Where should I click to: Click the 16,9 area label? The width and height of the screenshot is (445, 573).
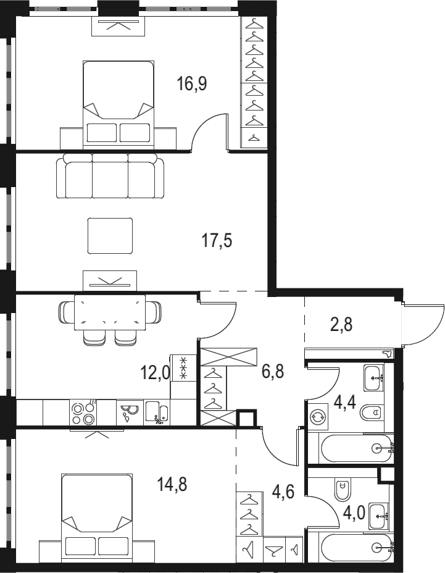coord(192,84)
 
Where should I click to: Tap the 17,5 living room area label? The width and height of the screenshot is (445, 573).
coord(217,241)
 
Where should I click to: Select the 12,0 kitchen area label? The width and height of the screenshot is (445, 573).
coord(155,373)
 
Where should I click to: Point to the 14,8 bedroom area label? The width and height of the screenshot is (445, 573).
coord(172,485)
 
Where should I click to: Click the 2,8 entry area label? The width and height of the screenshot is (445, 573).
coord(341,324)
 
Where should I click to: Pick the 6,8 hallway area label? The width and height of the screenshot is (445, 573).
coord(273,372)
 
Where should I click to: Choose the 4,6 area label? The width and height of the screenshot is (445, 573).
coord(283,491)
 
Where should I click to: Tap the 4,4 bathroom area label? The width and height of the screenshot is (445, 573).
coord(345,404)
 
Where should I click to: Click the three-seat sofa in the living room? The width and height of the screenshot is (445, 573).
coord(110,175)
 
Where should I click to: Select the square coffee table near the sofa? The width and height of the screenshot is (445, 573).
coord(110,236)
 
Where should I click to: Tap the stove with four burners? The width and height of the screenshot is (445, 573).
coord(83,412)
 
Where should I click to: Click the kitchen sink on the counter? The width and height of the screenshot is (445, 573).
coord(157,412)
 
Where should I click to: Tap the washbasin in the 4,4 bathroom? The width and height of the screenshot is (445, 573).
coord(374,377)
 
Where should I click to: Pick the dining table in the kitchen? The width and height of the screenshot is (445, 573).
coord(110,312)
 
